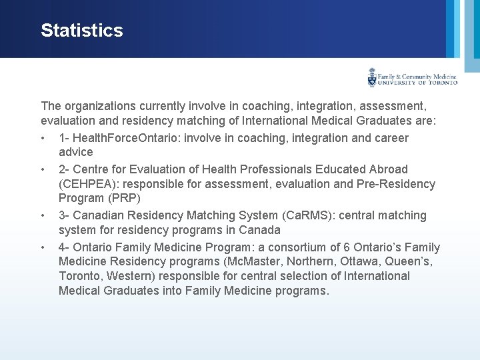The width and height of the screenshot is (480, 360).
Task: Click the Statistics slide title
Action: [x=82, y=31]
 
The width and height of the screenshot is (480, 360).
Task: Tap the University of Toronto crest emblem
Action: [x=372, y=77]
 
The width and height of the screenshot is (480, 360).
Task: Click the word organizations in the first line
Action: [x=100, y=106]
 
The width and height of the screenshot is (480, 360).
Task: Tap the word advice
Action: [x=75, y=153]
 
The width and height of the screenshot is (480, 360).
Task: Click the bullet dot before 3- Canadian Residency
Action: [x=43, y=215]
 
